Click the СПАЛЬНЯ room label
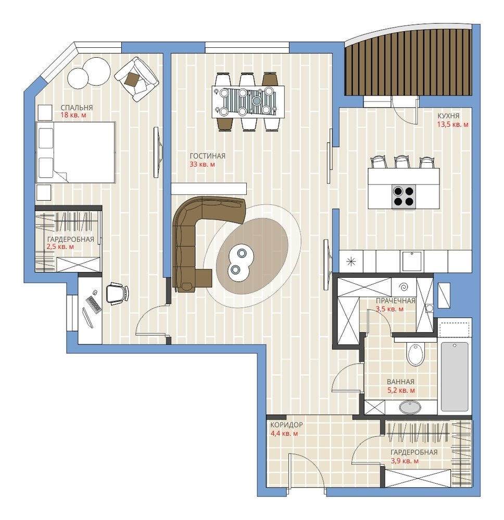tap(77, 108)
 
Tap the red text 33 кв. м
tap(202, 164)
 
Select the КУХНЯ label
tap(448, 116)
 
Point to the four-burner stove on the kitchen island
tap(404, 197)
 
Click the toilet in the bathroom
tap(415, 354)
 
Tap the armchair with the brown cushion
tap(136, 79)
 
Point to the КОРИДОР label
tap(286, 425)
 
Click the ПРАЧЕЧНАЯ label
tap(395, 301)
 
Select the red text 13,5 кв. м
tap(452, 125)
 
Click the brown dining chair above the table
tap(270, 79)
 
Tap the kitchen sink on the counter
tap(412, 262)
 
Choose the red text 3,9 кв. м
tap(405, 461)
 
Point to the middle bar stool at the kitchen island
tap(402, 162)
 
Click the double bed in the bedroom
tap(75, 152)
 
